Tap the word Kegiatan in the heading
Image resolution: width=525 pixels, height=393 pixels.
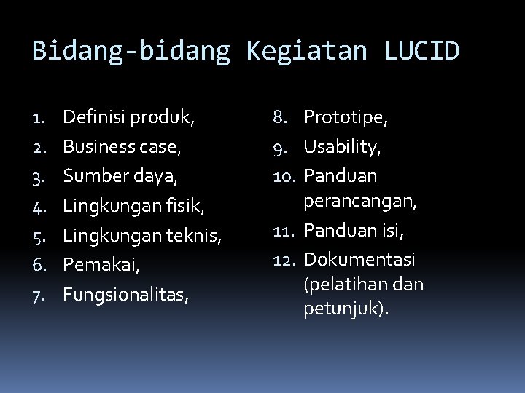coord(307,51)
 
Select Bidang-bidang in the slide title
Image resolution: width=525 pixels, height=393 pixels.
coord(131,51)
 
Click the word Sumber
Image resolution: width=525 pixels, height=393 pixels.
coord(92,175)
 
